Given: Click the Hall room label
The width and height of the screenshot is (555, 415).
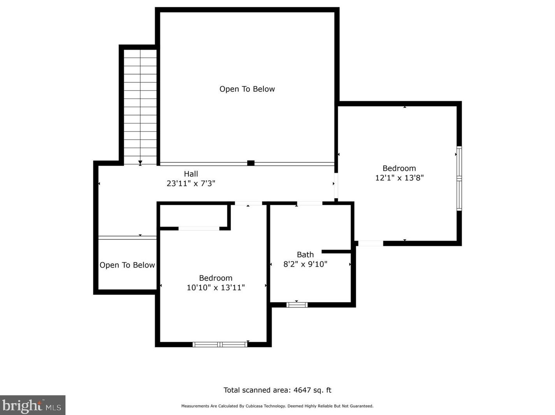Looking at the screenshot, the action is tap(191, 174).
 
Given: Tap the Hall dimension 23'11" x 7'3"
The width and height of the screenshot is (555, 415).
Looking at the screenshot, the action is tap(191, 183).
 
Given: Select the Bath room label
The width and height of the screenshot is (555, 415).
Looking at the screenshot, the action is tap(305, 255).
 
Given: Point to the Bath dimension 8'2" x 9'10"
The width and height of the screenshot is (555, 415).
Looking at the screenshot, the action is tap(305, 264).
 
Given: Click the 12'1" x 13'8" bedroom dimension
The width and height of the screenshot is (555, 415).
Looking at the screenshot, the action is tap(399, 178).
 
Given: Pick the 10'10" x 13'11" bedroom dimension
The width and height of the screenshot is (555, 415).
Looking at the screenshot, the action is tap(216, 288).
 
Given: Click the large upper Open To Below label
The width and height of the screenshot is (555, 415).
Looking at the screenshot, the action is tap(247, 89).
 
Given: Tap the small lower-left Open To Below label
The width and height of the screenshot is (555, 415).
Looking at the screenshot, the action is tap(127, 265).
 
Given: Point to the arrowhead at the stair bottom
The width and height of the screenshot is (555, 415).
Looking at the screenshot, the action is tap(140, 162).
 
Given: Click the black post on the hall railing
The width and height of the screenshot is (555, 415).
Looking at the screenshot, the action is tap(251, 163).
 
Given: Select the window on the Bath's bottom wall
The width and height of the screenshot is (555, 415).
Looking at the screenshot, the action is tap(297, 305).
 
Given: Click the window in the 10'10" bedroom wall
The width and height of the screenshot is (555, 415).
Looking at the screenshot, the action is tap(220, 344).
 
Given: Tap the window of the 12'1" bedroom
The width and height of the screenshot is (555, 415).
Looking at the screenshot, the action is tap(459, 178).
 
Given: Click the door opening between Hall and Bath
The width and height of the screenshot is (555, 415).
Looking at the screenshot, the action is tap(309, 203).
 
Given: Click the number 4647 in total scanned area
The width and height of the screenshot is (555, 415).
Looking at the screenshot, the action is tap(302, 390).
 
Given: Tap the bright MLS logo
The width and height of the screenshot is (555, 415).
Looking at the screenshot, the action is tap(32, 405).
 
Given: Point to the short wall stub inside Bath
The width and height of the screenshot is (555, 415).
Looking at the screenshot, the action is tap(336, 251).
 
